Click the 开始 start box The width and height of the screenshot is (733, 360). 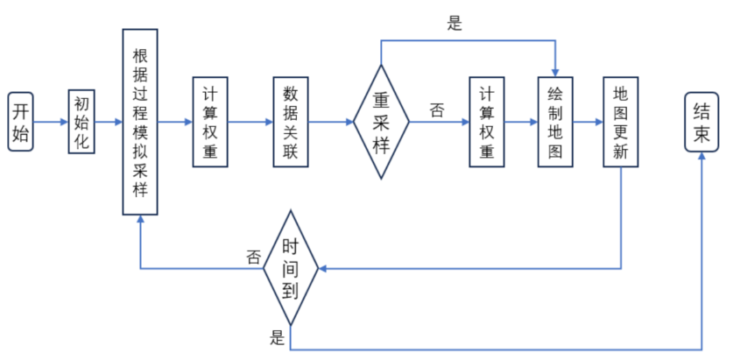[x=21, y=122]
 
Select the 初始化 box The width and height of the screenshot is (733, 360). [x=81, y=122]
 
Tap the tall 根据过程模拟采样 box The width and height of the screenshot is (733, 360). [x=140, y=122]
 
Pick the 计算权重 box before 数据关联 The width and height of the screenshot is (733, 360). [x=210, y=122]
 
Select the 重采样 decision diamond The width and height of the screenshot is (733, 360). [x=381, y=122]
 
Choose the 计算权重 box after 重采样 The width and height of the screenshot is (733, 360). [x=488, y=122]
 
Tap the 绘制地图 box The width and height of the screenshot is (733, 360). [x=554, y=122]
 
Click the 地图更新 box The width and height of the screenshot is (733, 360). [x=621, y=122]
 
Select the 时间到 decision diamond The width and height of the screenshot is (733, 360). [x=291, y=267]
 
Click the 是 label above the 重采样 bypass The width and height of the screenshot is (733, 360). [x=454, y=25]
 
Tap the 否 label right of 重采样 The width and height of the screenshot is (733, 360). [x=436, y=110]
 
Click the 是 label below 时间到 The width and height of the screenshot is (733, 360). [x=278, y=339]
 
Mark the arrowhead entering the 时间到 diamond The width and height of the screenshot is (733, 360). [x=324, y=267]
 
